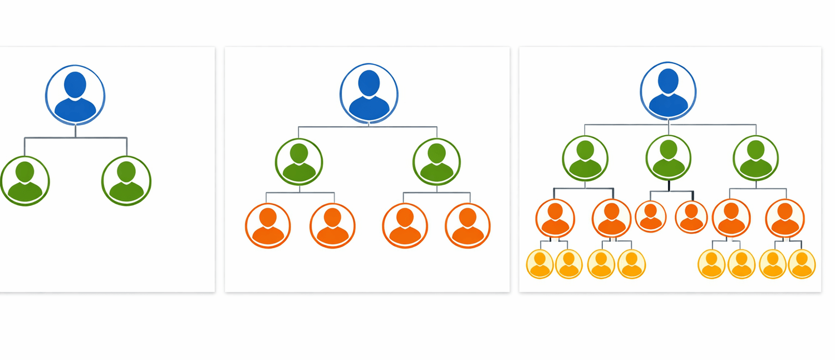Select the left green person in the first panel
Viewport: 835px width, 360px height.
click(x=25, y=181)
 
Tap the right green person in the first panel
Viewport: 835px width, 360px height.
click(x=126, y=181)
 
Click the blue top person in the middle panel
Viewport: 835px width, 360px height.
click(x=369, y=93)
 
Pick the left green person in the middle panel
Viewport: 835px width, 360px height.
click(x=299, y=162)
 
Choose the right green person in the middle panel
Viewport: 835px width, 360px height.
click(x=437, y=162)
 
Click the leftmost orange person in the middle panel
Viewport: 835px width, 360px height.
click(x=268, y=226)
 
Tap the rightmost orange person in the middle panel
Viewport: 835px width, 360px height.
click(x=468, y=226)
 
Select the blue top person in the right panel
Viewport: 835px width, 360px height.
click(x=668, y=91)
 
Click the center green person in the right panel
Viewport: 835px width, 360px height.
click(x=669, y=158)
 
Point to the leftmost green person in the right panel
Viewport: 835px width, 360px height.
click(x=585, y=159)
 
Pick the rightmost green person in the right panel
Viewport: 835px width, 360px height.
click(x=755, y=159)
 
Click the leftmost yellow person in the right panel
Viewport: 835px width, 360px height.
click(x=540, y=264)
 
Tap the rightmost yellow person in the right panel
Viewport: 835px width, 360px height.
click(x=802, y=264)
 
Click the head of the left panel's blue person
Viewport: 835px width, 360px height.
click(x=75, y=85)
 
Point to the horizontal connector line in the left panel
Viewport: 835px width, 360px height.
click(x=50, y=137)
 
